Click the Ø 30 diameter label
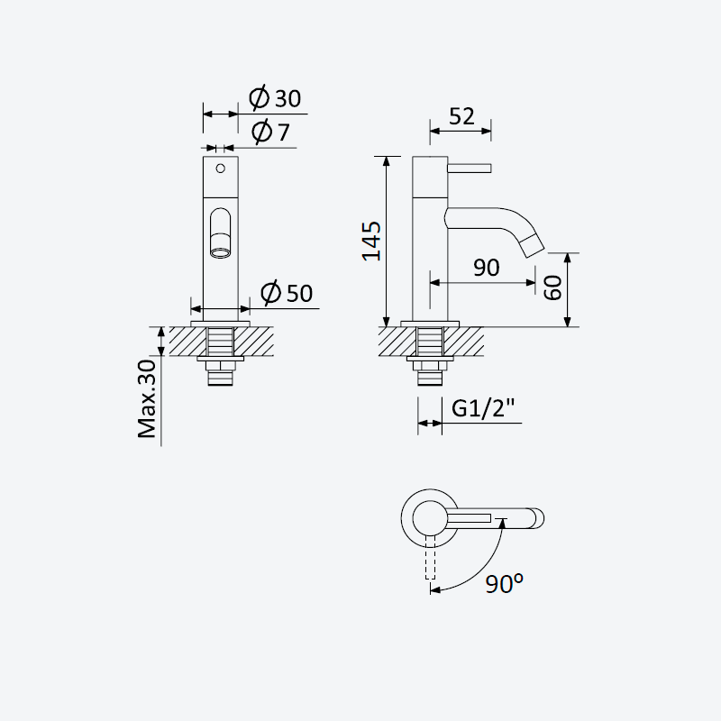point(275,97)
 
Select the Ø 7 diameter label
point(270,132)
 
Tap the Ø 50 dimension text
point(287,292)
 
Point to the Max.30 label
point(147,398)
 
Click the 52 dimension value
point(461,116)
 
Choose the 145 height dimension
point(371,242)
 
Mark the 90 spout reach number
point(487,267)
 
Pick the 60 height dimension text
point(552,287)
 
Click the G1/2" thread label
point(483,408)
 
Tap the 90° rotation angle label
point(505,583)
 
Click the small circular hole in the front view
point(220,169)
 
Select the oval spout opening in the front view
point(221,233)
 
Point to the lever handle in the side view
point(470,169)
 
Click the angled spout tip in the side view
point(533,246)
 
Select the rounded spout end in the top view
point(536,518)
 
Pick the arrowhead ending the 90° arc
point(435,589)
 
